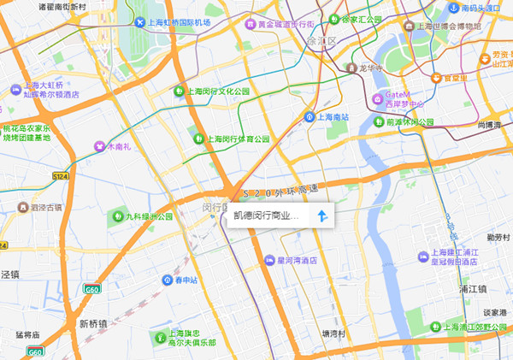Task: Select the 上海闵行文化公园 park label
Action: coord(218,91)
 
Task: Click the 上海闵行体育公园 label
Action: coord(239,139)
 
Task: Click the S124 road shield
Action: coord(60,175)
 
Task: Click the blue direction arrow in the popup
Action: coord(322,216)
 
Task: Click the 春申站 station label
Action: coord(186,280)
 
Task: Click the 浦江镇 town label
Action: coord(472,289)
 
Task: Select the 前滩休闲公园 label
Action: coord(410,122)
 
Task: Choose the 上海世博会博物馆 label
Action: coord(447,26)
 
